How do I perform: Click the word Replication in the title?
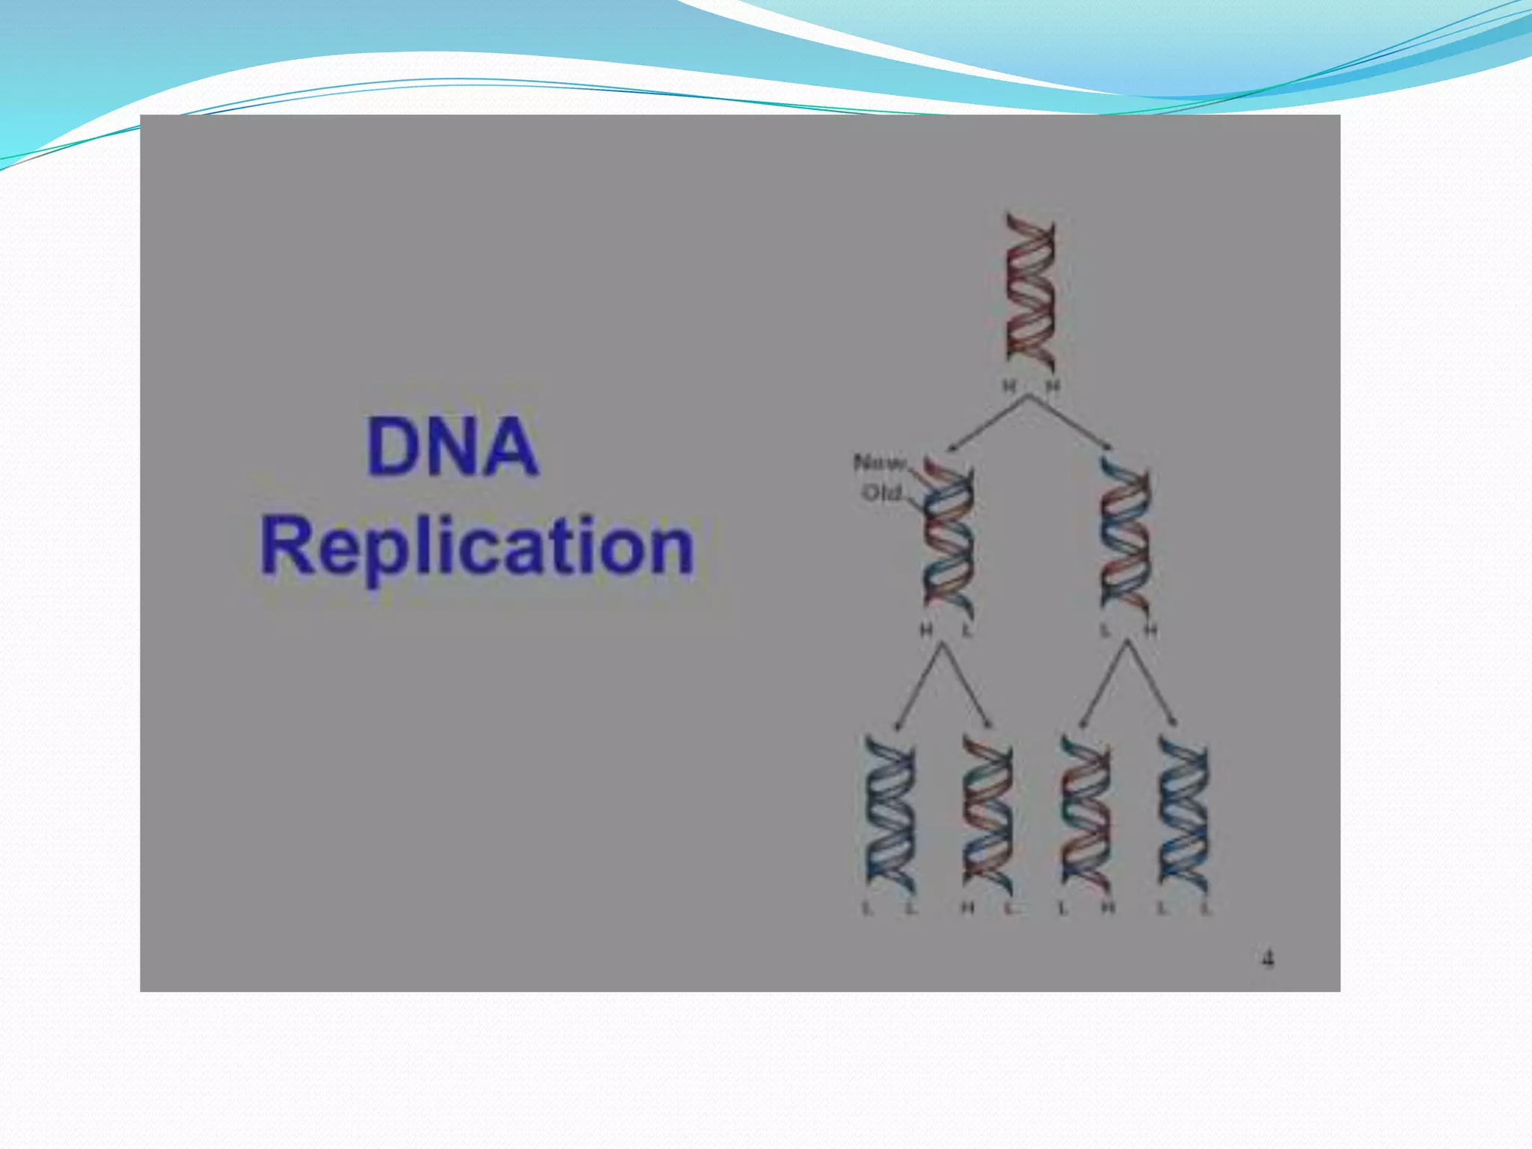[x=477, y=547]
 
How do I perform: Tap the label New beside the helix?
[x=880, y=463]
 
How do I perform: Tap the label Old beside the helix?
[x=882, y=493]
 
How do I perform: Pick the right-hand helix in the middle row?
[x=1125, y=537]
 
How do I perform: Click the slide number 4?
[x=1267, y=958]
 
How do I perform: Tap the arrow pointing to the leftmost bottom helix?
[x=918, y=685]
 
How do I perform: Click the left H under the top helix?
[x=1009, y=386]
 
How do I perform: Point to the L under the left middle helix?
[x=966, y=631]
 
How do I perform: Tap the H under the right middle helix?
[x=1150, y=631]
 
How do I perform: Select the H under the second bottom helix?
[x=967, y=909]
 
